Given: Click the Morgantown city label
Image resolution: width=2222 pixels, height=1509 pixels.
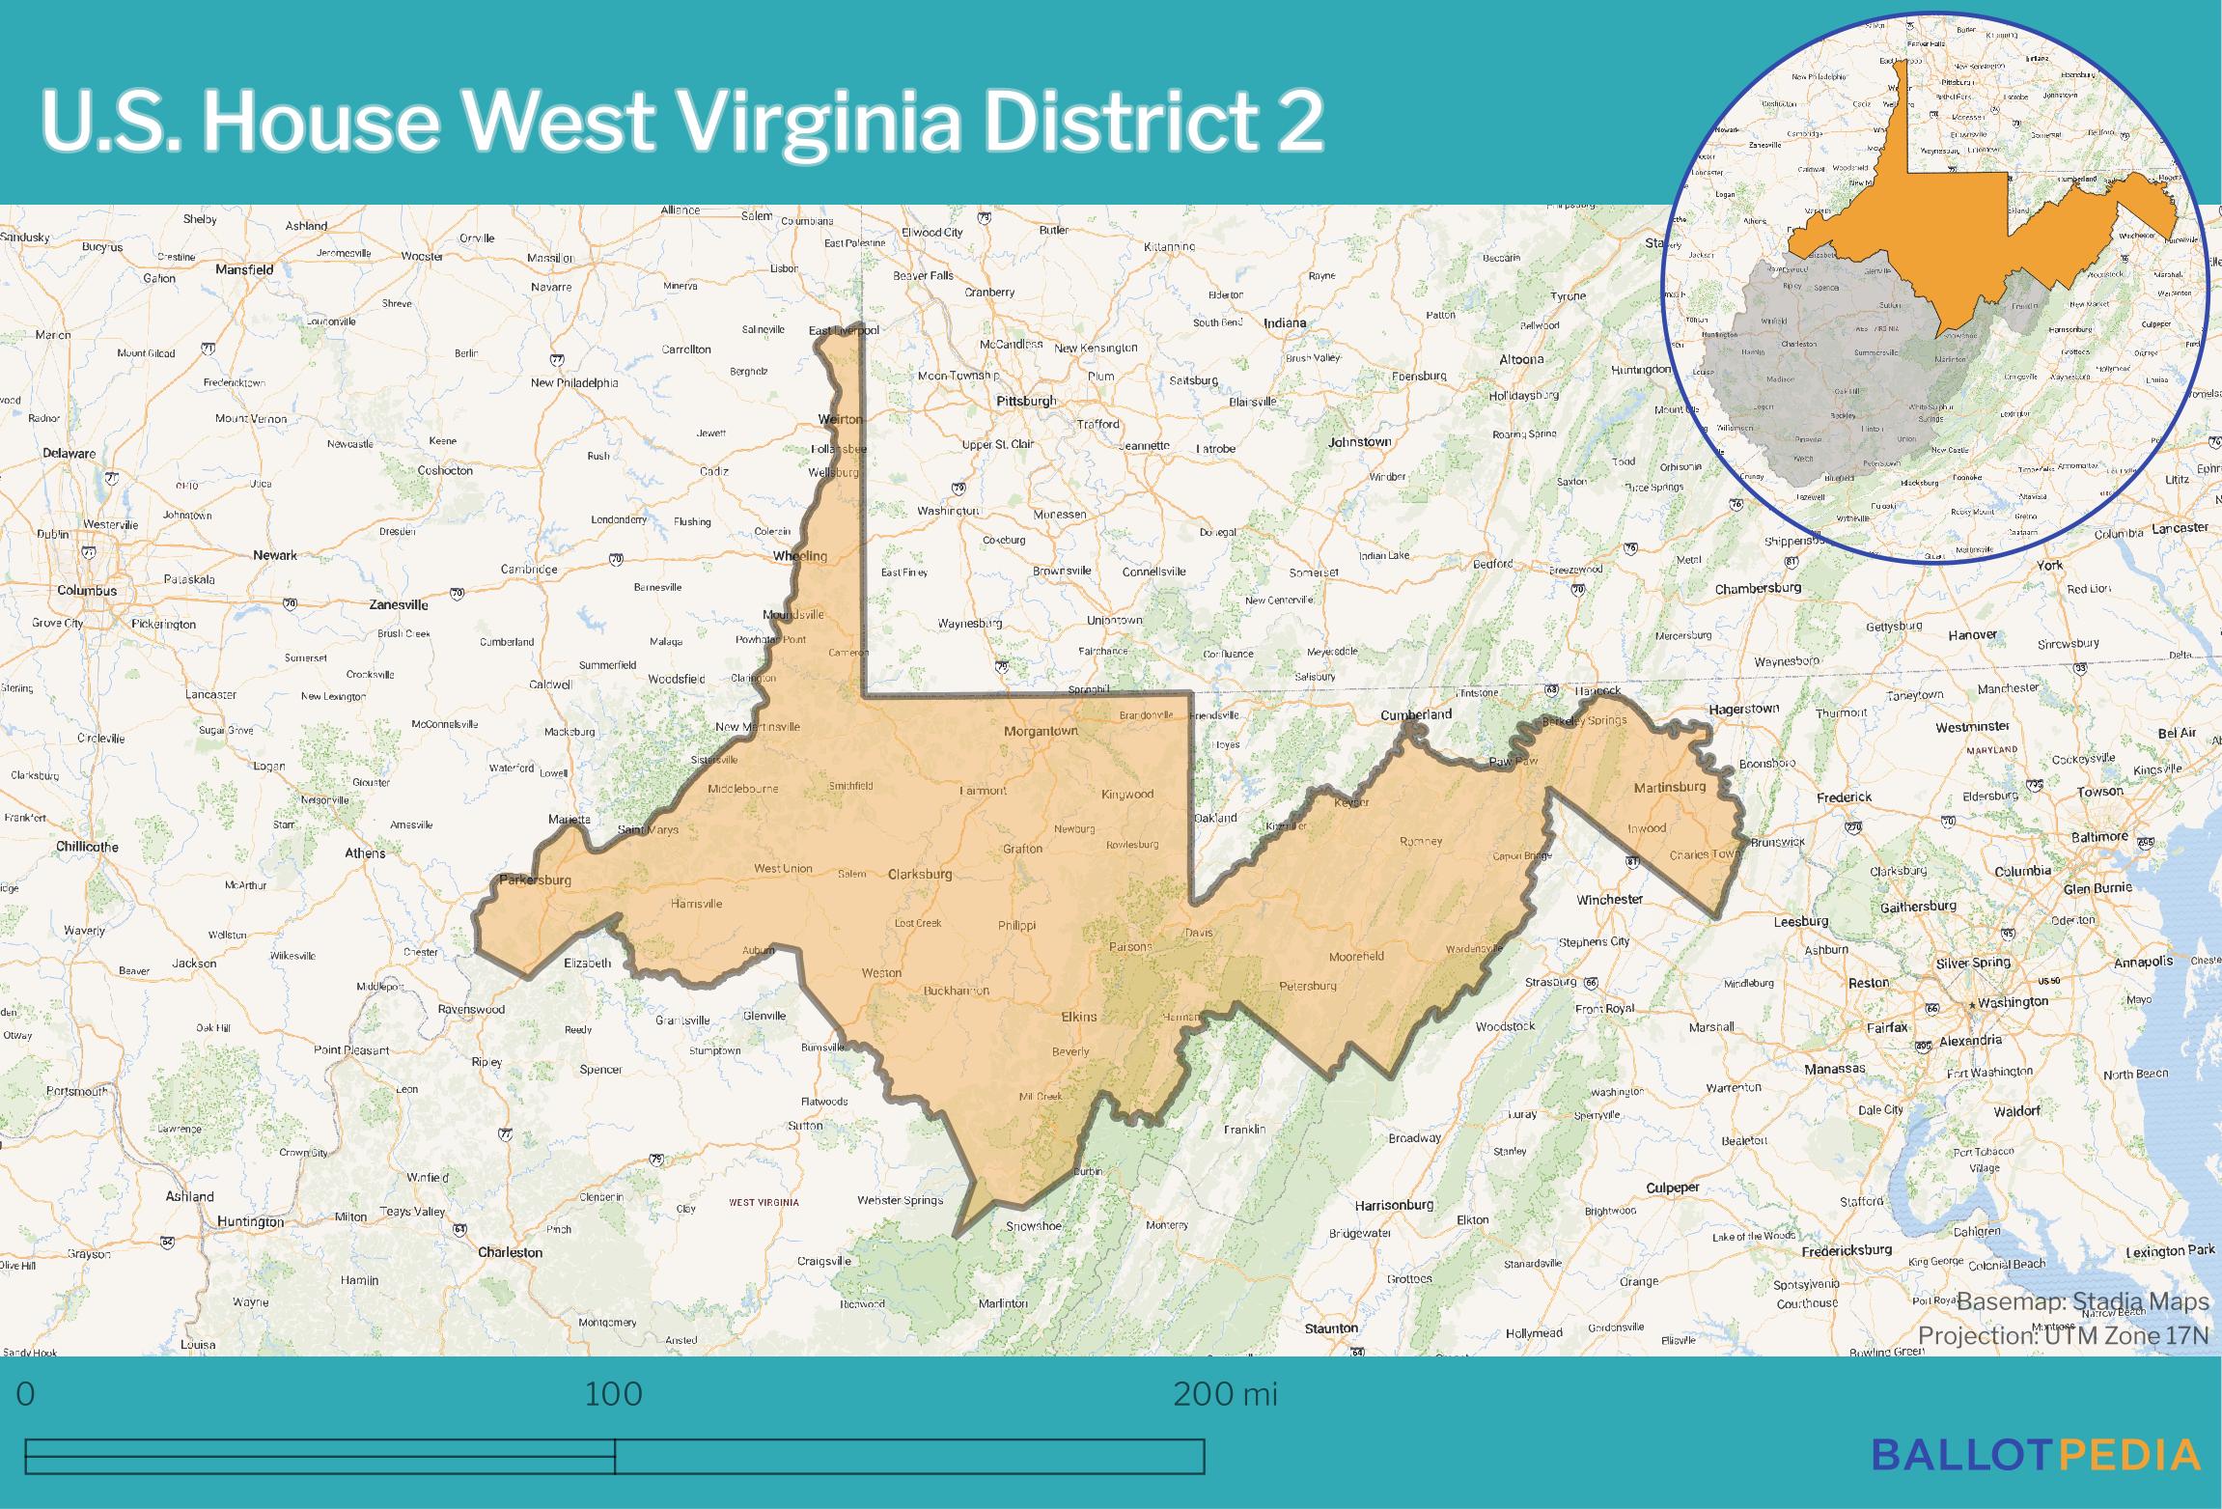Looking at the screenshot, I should (x=1041, y=731).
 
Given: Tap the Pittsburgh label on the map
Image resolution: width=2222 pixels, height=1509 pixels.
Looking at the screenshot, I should (x=1026, y=401).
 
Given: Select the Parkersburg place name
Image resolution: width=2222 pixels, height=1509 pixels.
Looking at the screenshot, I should (x=535, y=880).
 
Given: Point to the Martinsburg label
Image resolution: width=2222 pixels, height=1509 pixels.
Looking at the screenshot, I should (x=1670, y=787).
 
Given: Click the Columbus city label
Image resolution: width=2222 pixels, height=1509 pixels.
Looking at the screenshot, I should (x=87, y=590).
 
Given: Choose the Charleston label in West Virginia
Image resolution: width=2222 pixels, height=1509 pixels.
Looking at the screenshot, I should (x=511, y=1252).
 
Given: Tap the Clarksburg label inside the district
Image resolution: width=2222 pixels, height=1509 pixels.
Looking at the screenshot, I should (x=920, y=874).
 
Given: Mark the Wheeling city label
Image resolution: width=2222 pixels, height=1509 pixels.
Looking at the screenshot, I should (x=800, y=556).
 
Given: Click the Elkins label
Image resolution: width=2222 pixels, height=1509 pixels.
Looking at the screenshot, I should (x=1079, y=1017).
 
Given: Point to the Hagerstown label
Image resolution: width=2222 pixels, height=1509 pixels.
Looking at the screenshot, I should (x=1743, y=710).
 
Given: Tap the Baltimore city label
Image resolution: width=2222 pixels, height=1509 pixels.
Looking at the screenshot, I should (x=2100, y=836).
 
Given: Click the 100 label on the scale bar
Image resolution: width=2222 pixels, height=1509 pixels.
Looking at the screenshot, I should (x=614, y=1394).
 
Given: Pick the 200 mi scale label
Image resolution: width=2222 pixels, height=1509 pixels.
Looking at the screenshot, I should (x=1225, y=1394).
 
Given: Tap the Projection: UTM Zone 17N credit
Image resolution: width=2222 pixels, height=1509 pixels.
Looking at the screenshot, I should (x=2063, y=1335).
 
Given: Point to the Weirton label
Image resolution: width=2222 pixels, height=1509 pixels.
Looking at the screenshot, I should (x=840, y=419).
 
